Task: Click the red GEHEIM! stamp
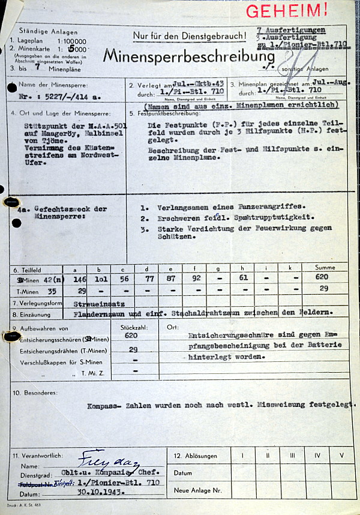coord(287,10)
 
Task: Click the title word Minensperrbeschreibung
coord(189,56)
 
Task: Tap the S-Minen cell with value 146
coord(79,279)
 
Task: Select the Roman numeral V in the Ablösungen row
coord(341,456)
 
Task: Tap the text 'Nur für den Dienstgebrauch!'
coord(190,36)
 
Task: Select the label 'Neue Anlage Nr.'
coord(197,490)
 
